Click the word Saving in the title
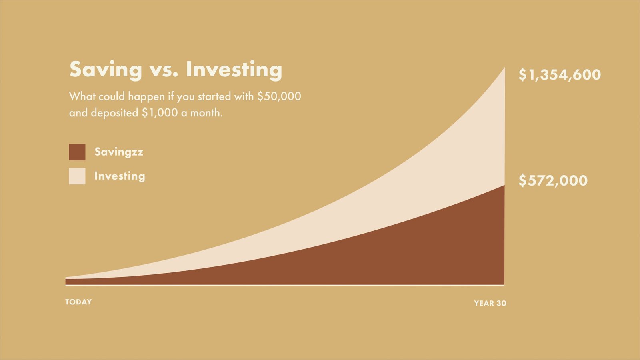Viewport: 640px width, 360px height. tap(106, 70)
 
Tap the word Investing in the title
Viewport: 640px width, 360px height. tap(234, 70)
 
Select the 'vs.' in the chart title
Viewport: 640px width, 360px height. tap(164, 72)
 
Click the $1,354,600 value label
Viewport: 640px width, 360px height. tap(560, 75)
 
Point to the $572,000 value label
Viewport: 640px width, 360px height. tap(553, 180)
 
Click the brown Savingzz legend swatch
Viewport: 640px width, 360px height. tap(77, 152)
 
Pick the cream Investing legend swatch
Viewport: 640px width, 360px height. tap(77, 176)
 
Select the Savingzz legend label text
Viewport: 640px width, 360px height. tap(119, 152)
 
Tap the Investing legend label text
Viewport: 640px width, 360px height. tap(120, 176)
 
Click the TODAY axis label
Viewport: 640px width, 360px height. tap(78, 302)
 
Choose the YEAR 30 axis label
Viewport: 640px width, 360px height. tap(490, 303)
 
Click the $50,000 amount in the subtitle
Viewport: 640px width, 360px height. tap(279, 96)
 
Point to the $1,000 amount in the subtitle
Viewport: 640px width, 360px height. tap(160, 113)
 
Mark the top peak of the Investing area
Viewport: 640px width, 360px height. tap(504, 68)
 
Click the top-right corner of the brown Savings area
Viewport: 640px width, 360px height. tap(504, 186)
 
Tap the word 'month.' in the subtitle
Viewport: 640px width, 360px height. tap(206, 113)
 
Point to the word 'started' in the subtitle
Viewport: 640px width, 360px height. tap(214, 96)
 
